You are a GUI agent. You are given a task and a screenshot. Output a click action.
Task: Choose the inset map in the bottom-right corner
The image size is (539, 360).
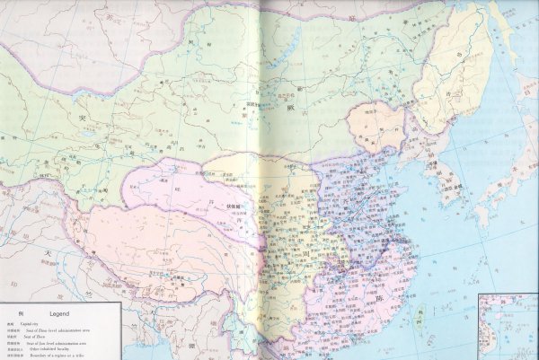click(508, 326)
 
